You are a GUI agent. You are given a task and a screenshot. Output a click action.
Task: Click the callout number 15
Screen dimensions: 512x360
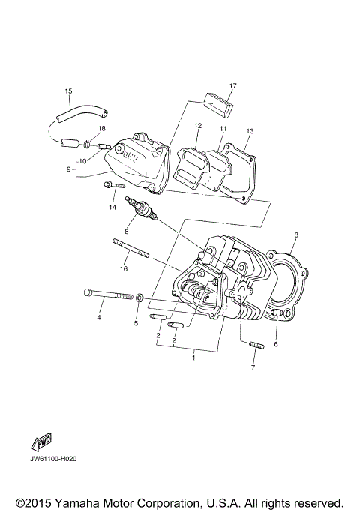pyautogui.click(x=68, y=91)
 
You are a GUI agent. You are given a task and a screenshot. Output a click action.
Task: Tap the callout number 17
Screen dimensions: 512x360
pyautogui.click(x=233, y=85)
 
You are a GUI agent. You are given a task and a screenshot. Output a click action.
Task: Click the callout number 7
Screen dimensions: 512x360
pyautogui.click(x=253, y=368)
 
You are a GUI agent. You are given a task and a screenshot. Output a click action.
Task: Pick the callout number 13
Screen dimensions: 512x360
pyautogui.click(x=250, y=131)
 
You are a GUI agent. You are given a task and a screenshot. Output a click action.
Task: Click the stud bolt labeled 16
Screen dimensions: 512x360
pyautogui.click(x=131, y=249)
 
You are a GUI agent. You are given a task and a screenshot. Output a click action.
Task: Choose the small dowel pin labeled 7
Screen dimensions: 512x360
pyautogui.click(x=255, y=346)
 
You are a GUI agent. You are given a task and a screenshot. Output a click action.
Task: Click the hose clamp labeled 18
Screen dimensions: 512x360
pyautogui.click(x=88, y=141)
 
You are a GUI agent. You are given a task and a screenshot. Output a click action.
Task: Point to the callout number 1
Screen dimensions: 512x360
pyautogui.click(x=193, y=358)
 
